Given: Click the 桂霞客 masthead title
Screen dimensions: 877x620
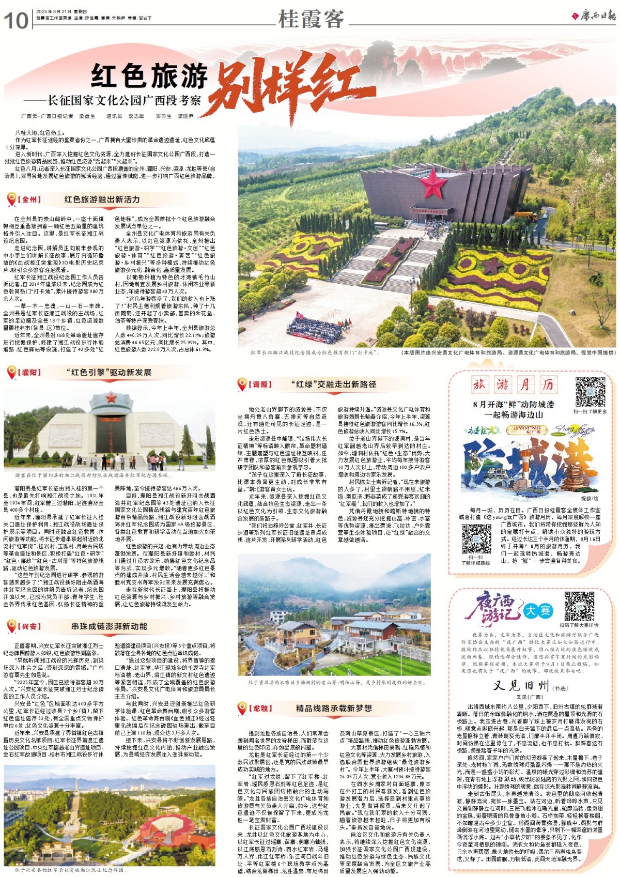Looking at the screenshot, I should coord(311,19).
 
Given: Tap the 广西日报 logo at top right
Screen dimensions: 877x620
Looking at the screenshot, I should coord(594,16).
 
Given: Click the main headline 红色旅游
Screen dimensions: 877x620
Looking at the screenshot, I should coord(150,76).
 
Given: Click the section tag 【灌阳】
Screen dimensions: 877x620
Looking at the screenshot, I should coord(29,372).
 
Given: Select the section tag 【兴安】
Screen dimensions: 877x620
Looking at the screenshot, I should coord(29,626).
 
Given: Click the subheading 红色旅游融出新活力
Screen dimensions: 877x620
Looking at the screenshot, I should coord(102,199).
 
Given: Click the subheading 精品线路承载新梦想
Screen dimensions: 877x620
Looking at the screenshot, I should coord(334,708).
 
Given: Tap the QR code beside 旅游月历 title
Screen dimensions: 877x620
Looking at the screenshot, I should coord(590,392).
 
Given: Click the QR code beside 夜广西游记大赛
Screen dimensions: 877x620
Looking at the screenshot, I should coord(579,606).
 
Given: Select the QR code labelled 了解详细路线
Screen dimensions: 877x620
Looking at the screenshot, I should coord(476,539).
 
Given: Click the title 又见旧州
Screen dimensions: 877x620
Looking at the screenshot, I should coord(521,686).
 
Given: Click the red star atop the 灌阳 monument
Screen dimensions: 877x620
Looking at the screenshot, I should coord(111,397).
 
